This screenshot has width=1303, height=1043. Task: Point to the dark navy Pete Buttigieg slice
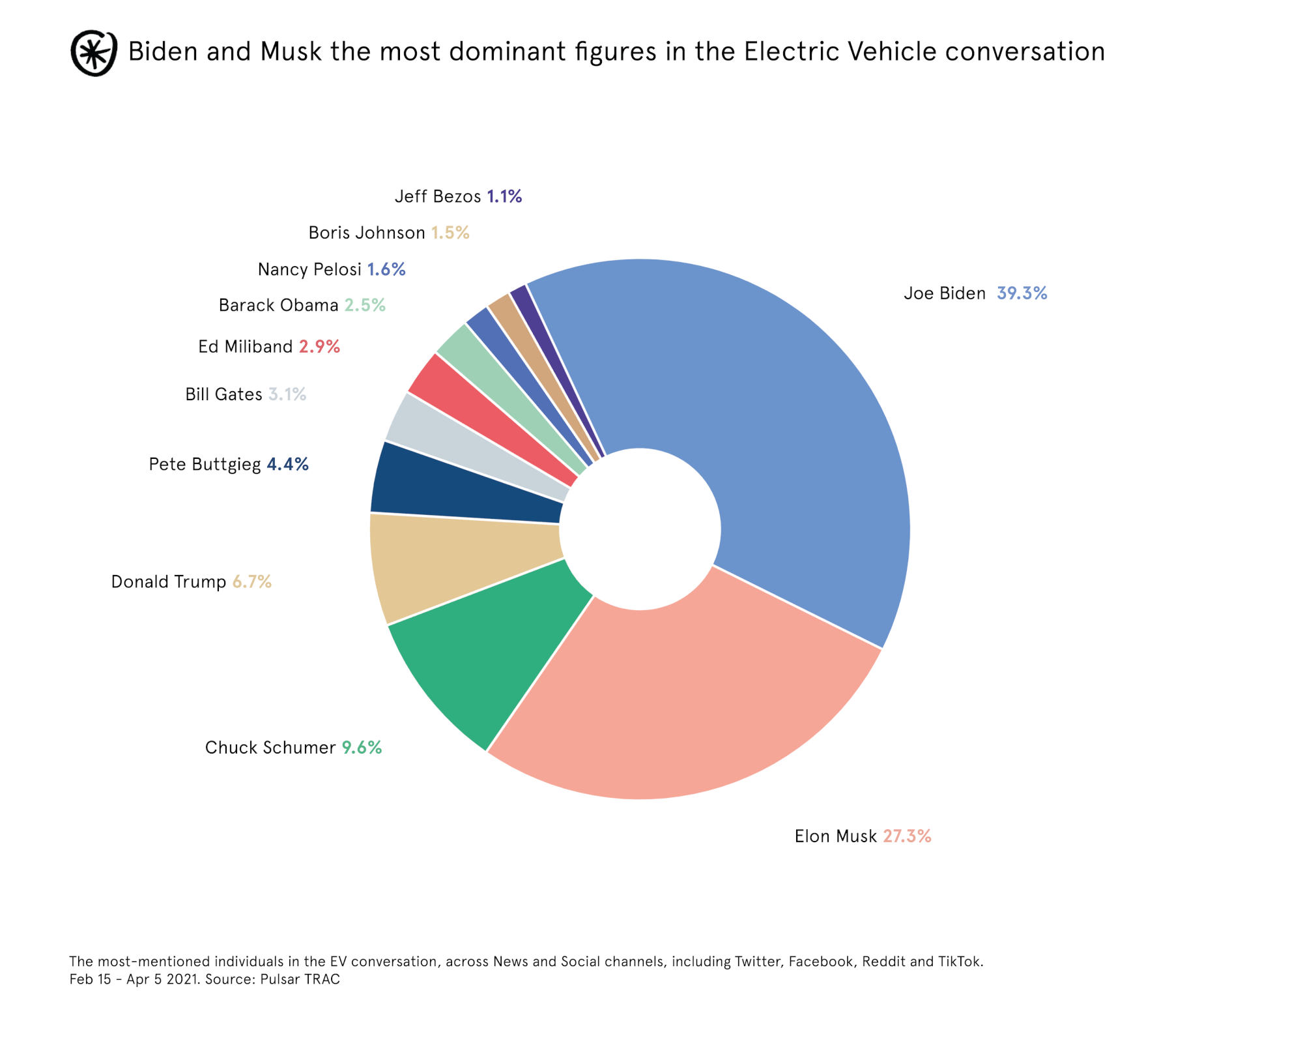pos(456,489)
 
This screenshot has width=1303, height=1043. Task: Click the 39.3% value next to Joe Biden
pos(1022,293)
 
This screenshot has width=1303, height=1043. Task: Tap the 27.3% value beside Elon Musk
pos(907,836)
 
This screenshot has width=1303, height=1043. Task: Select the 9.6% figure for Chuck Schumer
pos(362,747)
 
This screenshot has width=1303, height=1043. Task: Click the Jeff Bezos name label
pos(438,196)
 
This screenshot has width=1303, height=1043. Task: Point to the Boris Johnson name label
pos(366,233)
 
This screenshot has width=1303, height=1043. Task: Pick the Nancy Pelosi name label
pos(309,269)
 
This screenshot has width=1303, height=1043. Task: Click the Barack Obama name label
pos(278,305)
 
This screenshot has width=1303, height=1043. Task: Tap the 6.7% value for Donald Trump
pos(251,581)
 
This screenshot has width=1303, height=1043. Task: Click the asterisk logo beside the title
pos(94,53)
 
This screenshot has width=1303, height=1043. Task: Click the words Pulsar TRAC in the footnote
pos(300,979)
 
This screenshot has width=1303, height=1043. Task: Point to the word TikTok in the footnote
pos(960,962)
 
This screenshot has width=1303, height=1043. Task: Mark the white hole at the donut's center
pos(640,529)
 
